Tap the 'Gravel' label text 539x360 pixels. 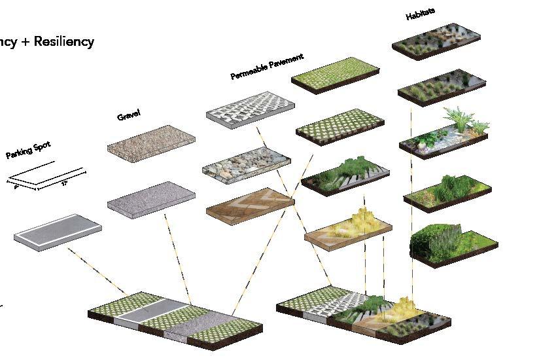coord(129,116)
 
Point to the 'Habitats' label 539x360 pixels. coord(421,14)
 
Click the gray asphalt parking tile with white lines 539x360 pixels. coord(58,229)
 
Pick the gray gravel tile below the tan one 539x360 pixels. coord(151,198)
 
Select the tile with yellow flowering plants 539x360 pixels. coord(347,226)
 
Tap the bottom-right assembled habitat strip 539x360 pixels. coord(363,312)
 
